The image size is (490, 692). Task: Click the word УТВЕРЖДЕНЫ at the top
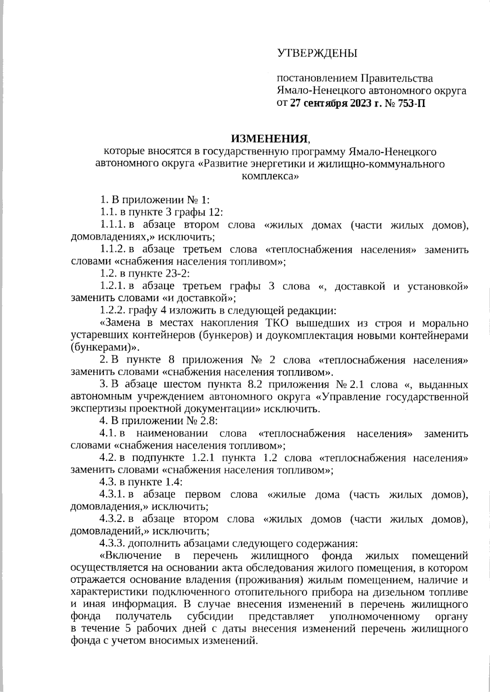click(317, 53)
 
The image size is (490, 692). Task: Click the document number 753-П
click(408, 103)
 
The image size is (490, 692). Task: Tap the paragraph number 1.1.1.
click(113, 225)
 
